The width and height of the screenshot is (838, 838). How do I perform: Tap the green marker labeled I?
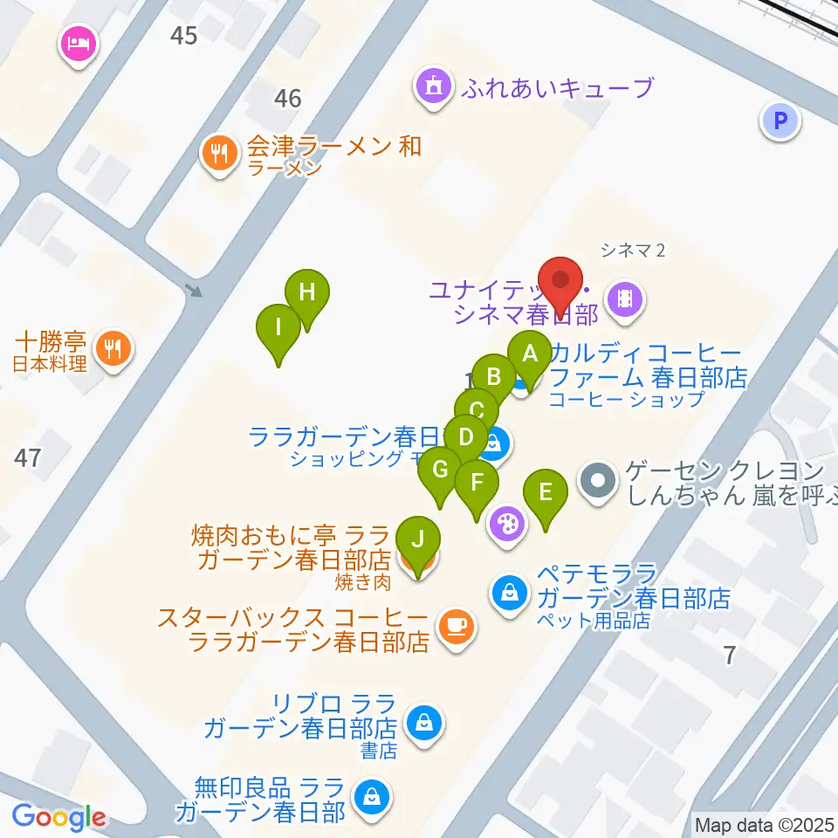(x=278, y=329)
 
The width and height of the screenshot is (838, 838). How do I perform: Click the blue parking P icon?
(x=780, y=120)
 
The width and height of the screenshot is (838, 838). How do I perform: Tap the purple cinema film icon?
(x=625, y=299)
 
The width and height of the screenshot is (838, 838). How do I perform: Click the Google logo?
(x=58, y=817)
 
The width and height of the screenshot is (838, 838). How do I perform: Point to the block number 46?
(x=287, y=99)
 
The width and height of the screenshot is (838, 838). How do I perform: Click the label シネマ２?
(x=633, y=251)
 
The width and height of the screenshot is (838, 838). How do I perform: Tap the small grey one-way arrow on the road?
(x=195, y=289)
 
